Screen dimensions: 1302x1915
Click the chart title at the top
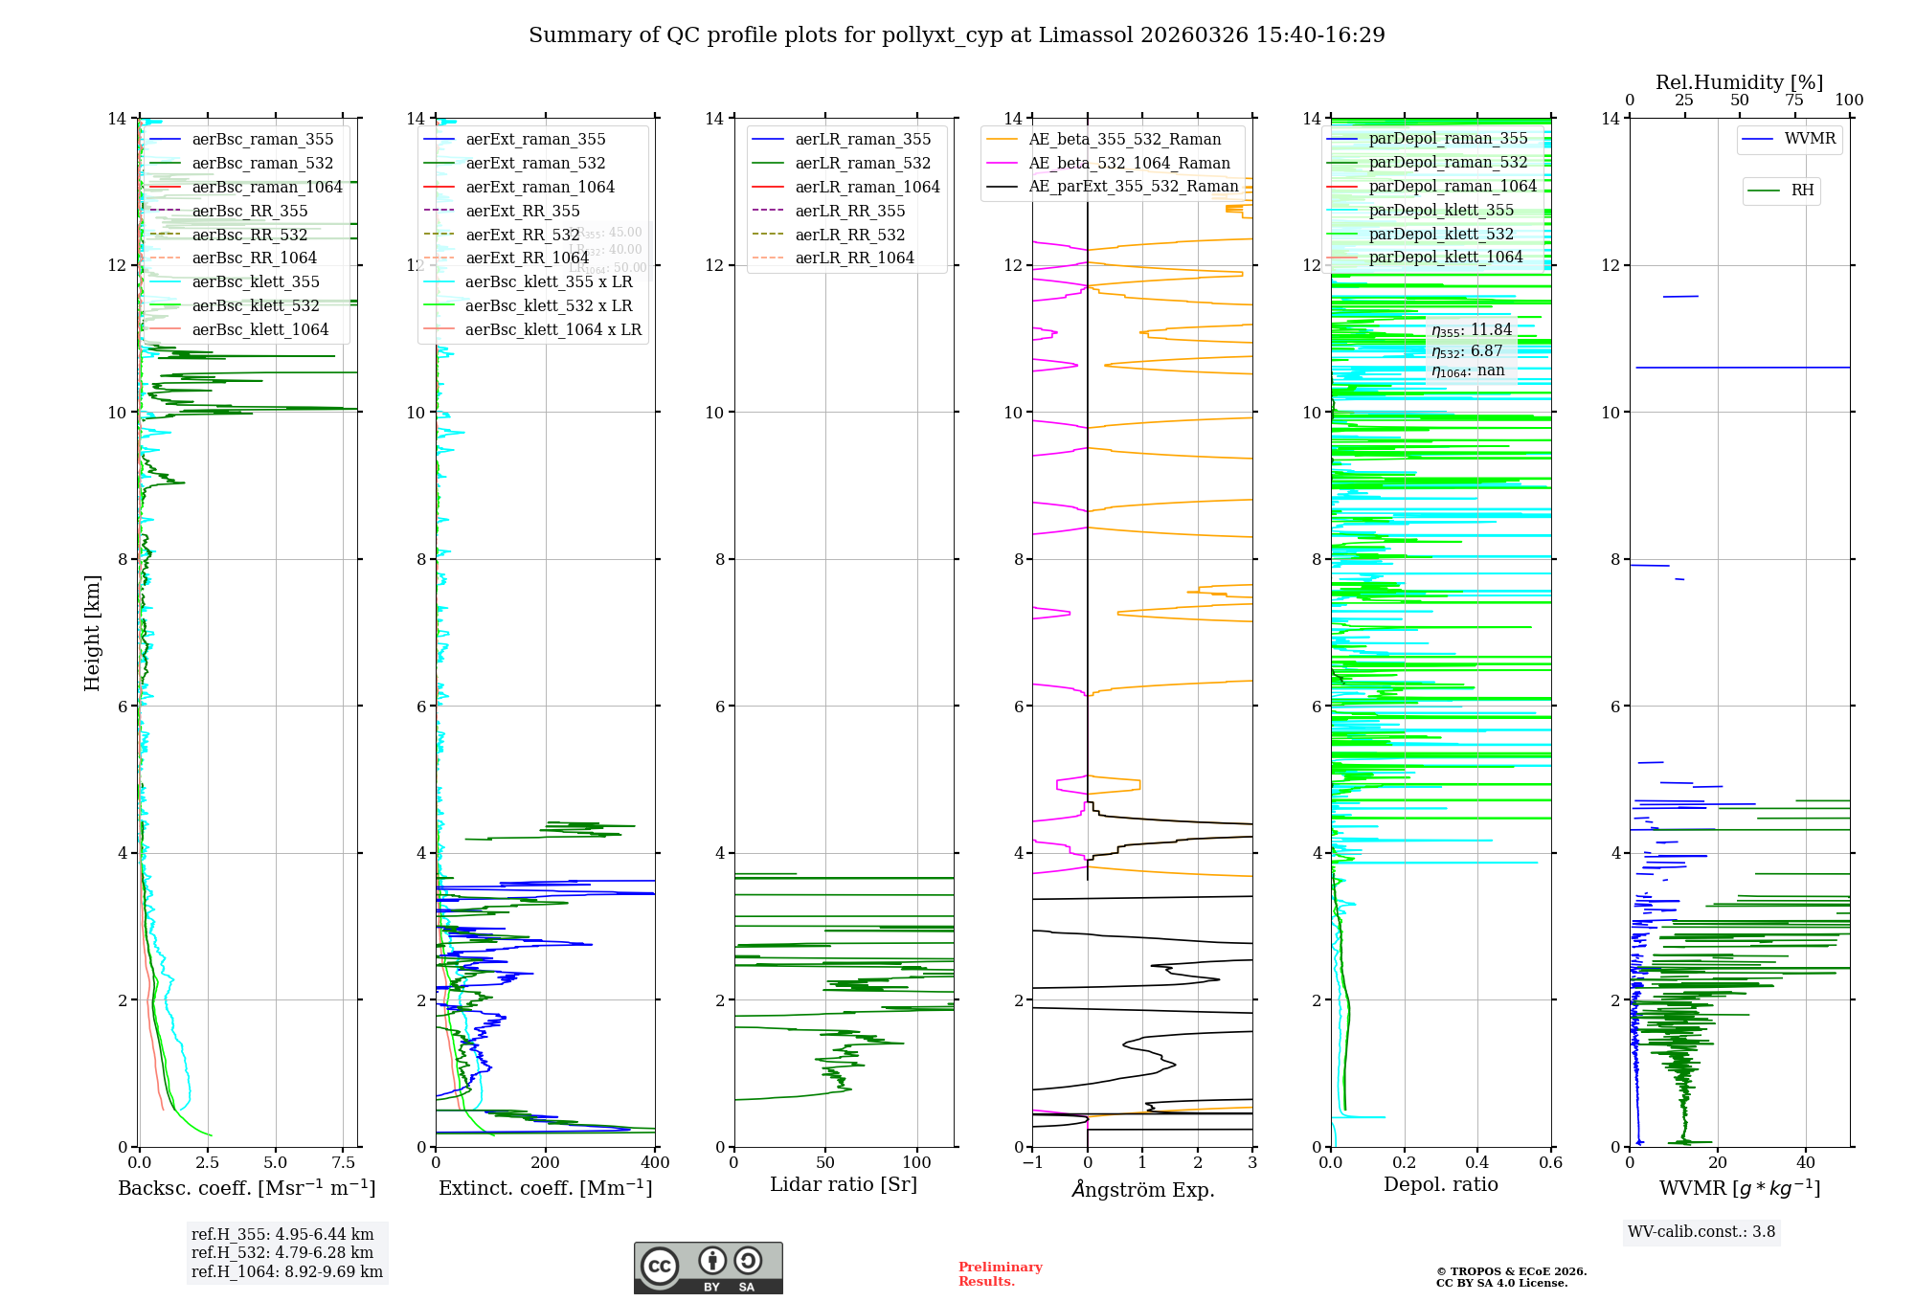(x=957, y=35)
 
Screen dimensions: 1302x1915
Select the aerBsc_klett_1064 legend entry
(x=259, y=329)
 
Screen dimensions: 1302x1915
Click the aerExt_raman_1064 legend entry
(x=540, y=187)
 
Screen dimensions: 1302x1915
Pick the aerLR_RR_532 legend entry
(x=849, y=235)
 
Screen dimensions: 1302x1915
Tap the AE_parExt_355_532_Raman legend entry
(x=1133, y=186)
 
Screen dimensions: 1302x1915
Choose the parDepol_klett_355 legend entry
(x=1441, y=210)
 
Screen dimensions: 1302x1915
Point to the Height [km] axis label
(x=92, y=632)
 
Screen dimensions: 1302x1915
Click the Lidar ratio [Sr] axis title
(x=844, y=1184)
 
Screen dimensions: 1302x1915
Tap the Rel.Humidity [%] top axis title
(x=1739, y=82)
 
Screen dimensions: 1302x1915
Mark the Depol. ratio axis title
(x=1440, y=1184)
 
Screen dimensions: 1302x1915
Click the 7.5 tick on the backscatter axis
(x=344, y=1162)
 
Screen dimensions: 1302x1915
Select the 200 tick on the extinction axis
(x=546, y=1162)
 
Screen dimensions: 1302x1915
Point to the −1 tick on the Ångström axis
(x=1032, y=1162)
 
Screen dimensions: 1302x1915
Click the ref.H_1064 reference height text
(x=286, y=1271)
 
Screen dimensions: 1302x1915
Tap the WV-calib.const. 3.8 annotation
(x=1701, y=1231)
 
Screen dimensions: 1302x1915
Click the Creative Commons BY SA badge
(x=708, y=1268)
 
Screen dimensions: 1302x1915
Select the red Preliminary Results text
(x=1000, y=1273)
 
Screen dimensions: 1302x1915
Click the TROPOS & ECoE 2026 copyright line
(x=1511, y=1271)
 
